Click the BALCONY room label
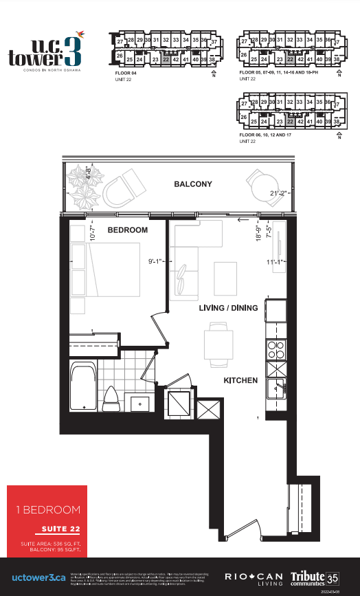(x=192, y=184)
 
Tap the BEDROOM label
(x=128, y=230)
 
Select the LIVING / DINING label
(x=228, y=308)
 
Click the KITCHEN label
(x=240, y=380)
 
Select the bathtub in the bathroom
(x=82, y=388)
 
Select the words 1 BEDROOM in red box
(x=48, y=510)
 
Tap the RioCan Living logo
(x=252, y=576)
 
